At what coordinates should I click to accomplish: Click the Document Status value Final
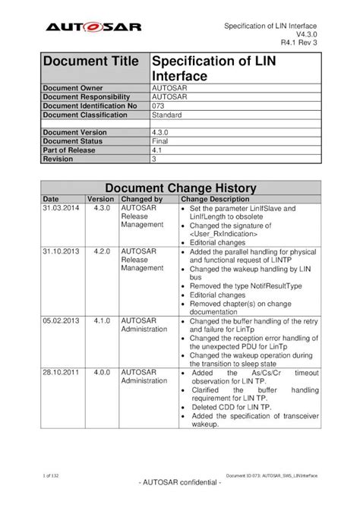pos(161,142)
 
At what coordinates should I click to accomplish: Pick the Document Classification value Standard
pos(167,115)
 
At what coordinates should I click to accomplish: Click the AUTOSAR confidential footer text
pos(179,484)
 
